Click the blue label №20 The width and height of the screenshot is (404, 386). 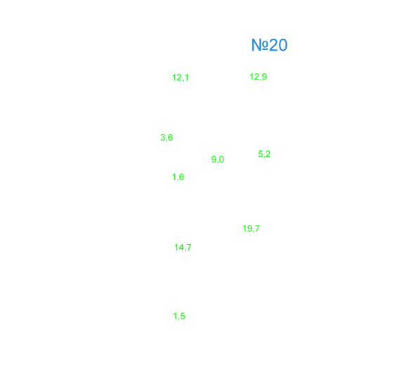pyautogui.click(x=269, y=45)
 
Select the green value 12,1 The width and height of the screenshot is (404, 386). pyautogui.click(x=181, y=77)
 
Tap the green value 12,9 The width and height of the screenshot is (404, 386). pyautogui.click(x=258, y=77)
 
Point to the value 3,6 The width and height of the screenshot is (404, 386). pyautogui.click(x=167, y=137)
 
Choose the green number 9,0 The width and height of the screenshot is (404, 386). pyautogui.click(x=218, y=160)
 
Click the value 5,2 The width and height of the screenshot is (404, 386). pyautogui.click(x=264, y=154)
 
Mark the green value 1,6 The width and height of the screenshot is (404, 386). pyautogui.click(x=178, y=177)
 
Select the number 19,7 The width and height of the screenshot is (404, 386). pyautogui.click(x=252, y=229)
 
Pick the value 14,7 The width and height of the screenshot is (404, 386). pyautogui.click(x=183, y=247)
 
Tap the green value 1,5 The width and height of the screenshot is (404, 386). pyautogui.click(x=179, y=316)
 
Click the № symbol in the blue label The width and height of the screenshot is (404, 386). pyautogui.click(x=260, y=45)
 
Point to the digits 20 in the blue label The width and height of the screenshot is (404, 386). pyautogui.click(x=278, y=45)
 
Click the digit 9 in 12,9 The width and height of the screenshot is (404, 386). pyautogui.click(x=264, y=77)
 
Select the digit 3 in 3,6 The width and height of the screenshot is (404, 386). pyautogui.click(x=163, y=137)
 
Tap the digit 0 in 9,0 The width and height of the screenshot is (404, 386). pyautogui.click(x=221, y=160)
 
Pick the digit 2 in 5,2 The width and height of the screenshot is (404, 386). pyautogui.click(x=268, y=154)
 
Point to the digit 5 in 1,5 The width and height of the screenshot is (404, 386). pyautogui.click(x=183, y=316)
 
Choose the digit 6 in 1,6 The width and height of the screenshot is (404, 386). pyautogui.click(x=182, y=177)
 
